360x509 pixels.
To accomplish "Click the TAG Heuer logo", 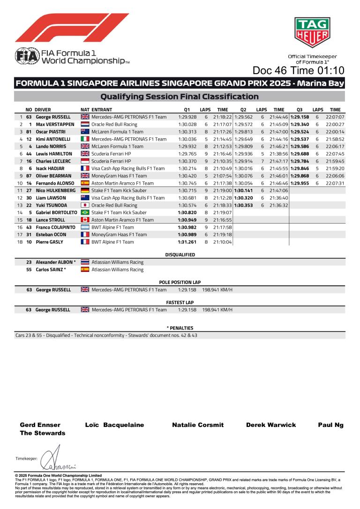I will (312, 32).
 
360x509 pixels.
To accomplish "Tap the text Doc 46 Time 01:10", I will (298, 70).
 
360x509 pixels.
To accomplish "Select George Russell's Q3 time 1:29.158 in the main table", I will (300, 117).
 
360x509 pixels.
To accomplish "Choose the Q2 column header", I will (243, 109).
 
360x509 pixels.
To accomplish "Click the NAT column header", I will (85, 109).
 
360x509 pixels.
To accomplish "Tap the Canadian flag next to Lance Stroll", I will (85, 220).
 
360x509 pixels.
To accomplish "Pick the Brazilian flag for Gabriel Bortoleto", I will (85, 212).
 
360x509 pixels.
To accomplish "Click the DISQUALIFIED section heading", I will (180, 255).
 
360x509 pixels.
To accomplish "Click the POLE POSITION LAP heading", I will (180, 283).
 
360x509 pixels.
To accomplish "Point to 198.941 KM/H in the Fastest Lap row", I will (217, 310).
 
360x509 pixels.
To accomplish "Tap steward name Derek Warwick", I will (271, 425).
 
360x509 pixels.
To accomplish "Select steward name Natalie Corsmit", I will (198, 425).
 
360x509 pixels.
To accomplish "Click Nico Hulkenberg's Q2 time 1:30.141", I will (243, 190).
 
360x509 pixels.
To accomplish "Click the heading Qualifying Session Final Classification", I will (180, 97).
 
